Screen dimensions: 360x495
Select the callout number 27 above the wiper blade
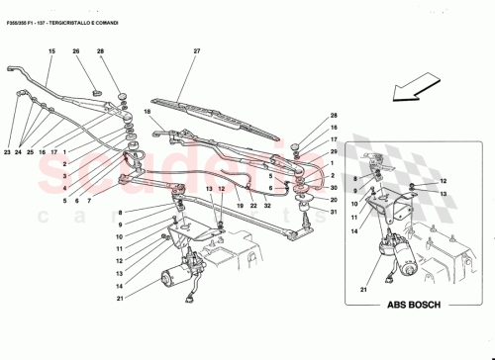coord(197,51)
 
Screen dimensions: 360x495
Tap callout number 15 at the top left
coord(51,51)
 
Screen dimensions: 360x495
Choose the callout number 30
coord(334,188)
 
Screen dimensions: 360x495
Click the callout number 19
coord(239,206)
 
